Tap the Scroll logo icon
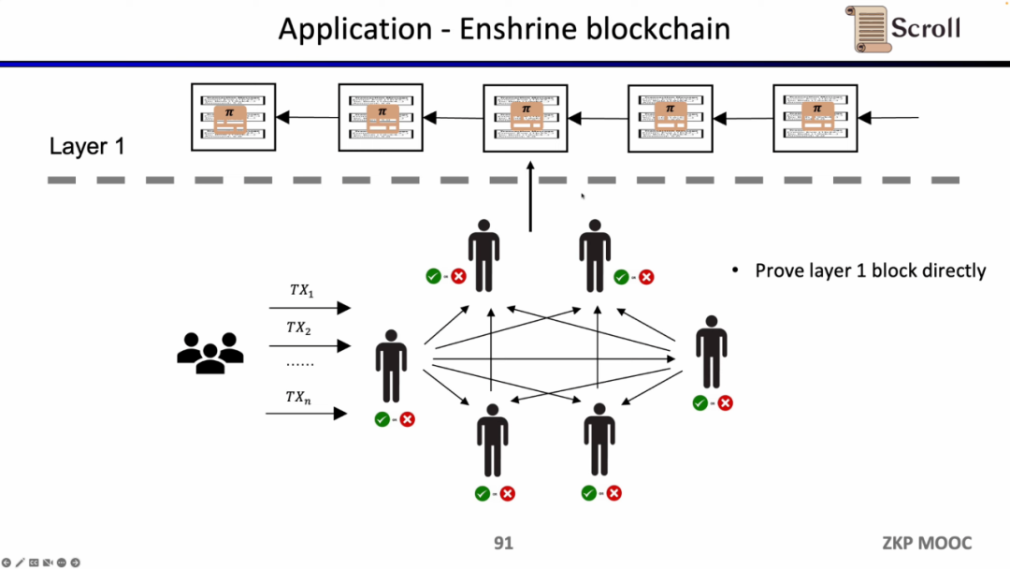870,29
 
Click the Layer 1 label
87,147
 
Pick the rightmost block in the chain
816,117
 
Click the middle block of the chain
525,117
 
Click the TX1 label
301,291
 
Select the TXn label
298,398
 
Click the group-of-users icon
209,353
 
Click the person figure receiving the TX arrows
391,366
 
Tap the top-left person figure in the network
483,255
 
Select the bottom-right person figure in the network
599,440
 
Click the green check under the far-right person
700,402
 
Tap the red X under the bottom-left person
507,493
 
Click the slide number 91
503,544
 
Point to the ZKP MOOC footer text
927,544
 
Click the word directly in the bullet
954,270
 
